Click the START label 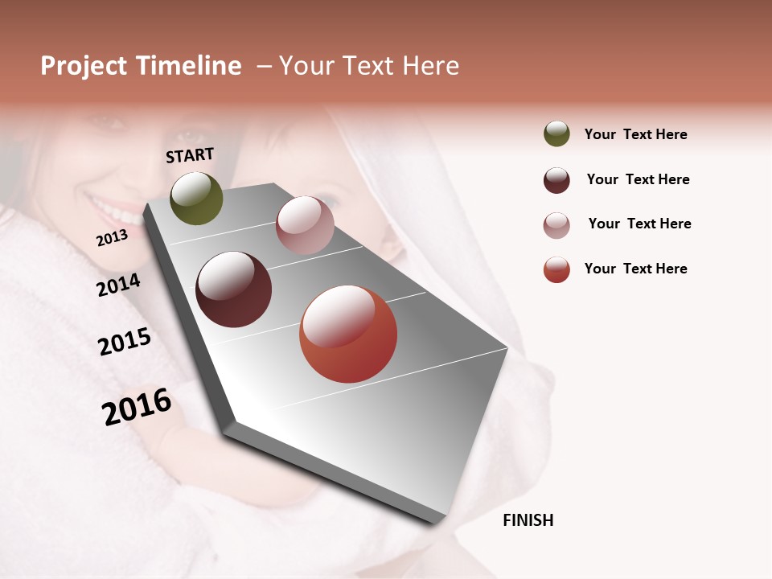point(190,155)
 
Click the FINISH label point(528,520)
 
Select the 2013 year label point(112,238)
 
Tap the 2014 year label point(118,285)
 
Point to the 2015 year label point(124,342)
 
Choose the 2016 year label point(137,406)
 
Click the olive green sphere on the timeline point(196,199)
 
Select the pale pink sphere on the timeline point(305,224)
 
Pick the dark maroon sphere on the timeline point(233,289)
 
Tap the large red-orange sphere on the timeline point(348,334)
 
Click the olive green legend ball point(556,134)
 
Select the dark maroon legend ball point(556,180)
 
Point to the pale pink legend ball point(556,225)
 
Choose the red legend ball point(556,269)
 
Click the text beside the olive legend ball point(635,134)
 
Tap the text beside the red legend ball point(635,269)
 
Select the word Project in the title point(83,66)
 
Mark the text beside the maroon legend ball point(638,179)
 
